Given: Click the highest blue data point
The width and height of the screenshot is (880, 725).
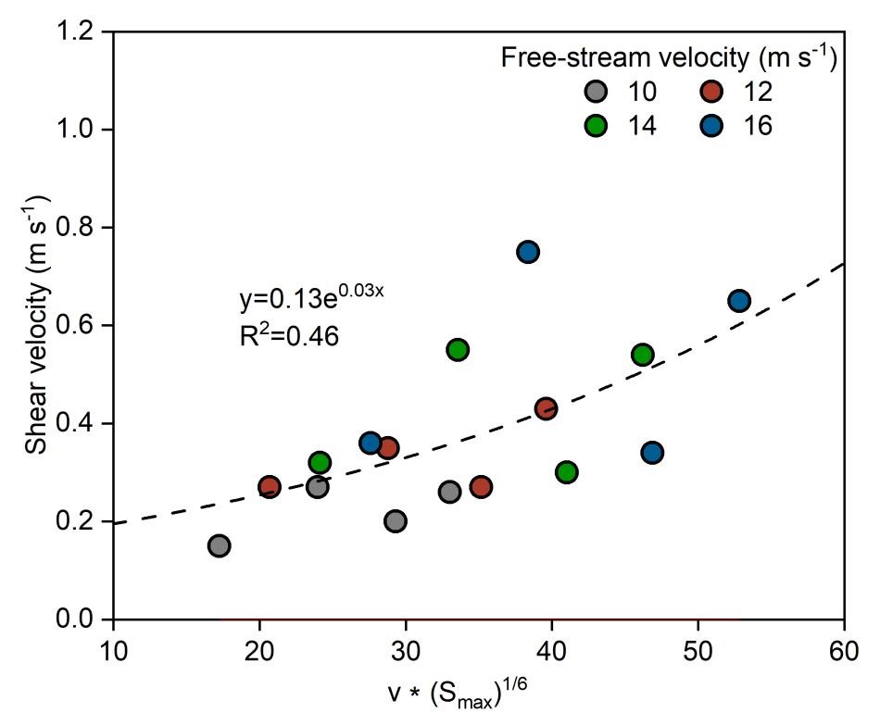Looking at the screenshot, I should point(528,252).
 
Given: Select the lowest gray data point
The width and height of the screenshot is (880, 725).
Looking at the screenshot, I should point(220,545).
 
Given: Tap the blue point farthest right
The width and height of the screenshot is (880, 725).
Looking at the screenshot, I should point(739,301).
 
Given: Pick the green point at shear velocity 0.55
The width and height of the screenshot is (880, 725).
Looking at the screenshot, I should point(458,349).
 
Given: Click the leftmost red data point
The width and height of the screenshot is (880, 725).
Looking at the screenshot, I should point(270,486).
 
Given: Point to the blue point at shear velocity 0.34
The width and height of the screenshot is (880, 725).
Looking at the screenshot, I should point(652,452).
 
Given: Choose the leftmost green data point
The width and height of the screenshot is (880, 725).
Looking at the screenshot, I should point(320,462).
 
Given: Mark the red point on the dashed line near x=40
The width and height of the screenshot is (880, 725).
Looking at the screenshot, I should point(547,408).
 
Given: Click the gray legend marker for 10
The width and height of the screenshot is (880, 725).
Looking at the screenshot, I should point(597,92).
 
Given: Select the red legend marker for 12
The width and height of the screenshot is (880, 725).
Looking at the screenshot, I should point(712,92).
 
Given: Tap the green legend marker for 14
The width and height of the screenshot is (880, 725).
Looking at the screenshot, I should point(597,125).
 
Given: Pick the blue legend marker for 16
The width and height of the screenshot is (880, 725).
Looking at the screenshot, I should point(712,125).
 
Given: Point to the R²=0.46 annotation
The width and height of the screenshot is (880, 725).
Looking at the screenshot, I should point(289,335).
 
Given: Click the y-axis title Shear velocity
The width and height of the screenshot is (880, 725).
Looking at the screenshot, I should point(37,325).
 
